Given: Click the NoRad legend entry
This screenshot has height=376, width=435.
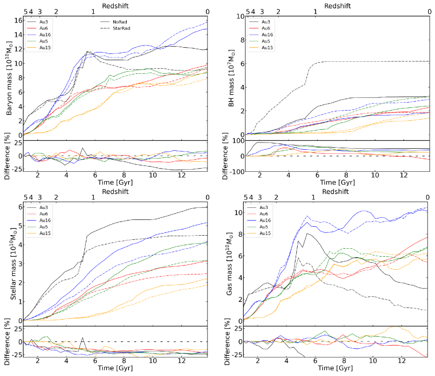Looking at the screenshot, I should pos(118,21).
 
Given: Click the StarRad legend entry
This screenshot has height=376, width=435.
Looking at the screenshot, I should pos(121,28).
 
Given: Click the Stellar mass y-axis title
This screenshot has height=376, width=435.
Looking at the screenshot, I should pos(9,264).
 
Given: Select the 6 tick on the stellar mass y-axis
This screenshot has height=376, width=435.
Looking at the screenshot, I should pos(19,207).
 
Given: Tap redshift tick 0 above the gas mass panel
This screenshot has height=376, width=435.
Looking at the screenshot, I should pos(428,197).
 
